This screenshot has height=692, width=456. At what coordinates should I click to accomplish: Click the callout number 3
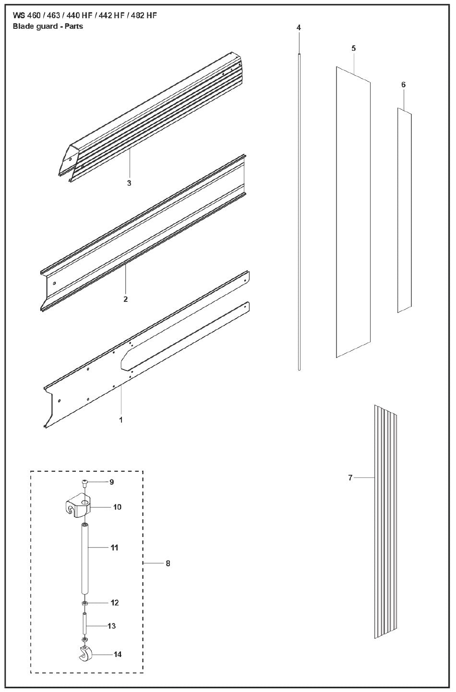[x=129, y=183]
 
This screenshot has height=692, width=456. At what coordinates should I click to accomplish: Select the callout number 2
[x=125, y=299]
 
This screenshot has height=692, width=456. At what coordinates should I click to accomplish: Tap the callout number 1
[x=121, y=420]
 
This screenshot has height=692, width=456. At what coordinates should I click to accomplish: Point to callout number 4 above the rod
[x=299, y=27]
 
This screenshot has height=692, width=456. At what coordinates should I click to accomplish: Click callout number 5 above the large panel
[x=353, y=48]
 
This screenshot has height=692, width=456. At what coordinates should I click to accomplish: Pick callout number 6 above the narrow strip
[x=404, y=84]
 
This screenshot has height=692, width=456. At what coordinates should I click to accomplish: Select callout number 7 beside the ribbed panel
[x=350, y=477]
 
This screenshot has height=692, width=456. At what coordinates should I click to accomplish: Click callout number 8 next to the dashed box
[x=168, y=563]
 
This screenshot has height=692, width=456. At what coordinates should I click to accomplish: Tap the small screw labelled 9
[x=84, y=482]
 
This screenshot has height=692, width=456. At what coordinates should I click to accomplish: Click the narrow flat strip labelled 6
[x=405, y=210]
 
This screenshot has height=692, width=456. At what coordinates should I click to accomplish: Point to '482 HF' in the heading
[x=144, y=15]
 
